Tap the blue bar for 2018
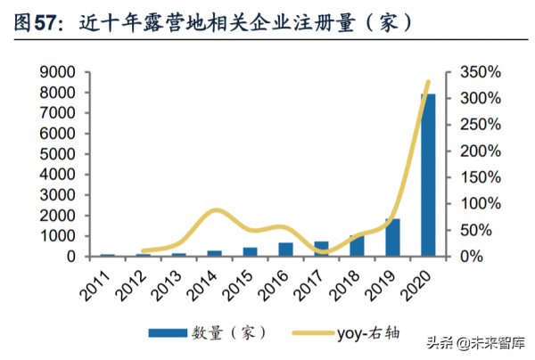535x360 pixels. click(x=357, y=246)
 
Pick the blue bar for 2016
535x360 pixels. click(x=285, y=250)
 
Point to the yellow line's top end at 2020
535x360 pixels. click(x=428, y=83)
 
